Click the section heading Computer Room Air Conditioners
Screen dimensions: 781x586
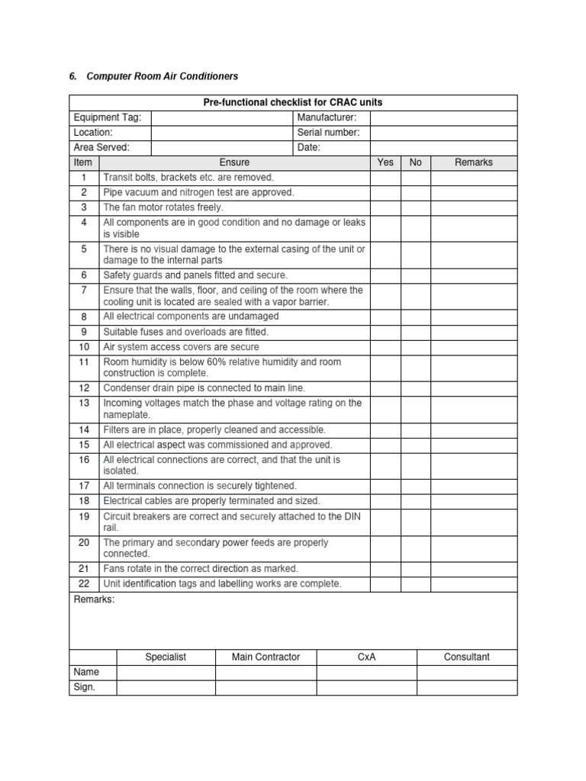162,76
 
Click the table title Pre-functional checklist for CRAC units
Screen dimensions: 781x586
293,102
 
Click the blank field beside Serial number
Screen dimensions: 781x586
443,133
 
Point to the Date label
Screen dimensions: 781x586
309,147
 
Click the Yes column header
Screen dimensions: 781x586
385,162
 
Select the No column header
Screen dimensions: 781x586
415,162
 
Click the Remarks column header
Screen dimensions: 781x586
474,162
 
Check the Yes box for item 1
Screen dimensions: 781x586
385,178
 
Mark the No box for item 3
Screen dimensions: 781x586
415,207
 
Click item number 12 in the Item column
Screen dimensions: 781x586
84,388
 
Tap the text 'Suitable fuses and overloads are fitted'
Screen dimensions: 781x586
186,332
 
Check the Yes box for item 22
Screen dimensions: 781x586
385,584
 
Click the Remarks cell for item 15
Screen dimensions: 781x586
474,445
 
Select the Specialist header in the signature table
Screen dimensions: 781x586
166,657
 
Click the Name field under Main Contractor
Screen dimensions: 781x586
266,672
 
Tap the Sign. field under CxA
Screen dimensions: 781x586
366,687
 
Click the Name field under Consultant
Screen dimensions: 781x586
467,672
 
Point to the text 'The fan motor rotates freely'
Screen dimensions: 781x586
163,207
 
